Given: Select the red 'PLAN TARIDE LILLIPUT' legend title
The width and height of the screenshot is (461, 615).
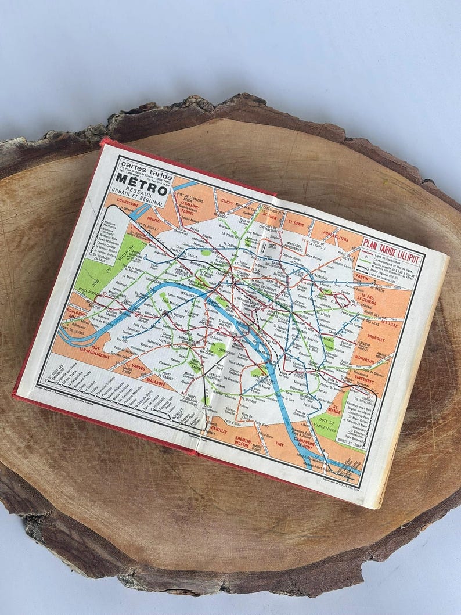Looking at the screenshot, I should pyautogui.click(x=392, y=247).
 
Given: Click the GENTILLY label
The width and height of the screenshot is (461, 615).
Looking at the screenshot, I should pyautogui.click(x=218, y=429).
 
